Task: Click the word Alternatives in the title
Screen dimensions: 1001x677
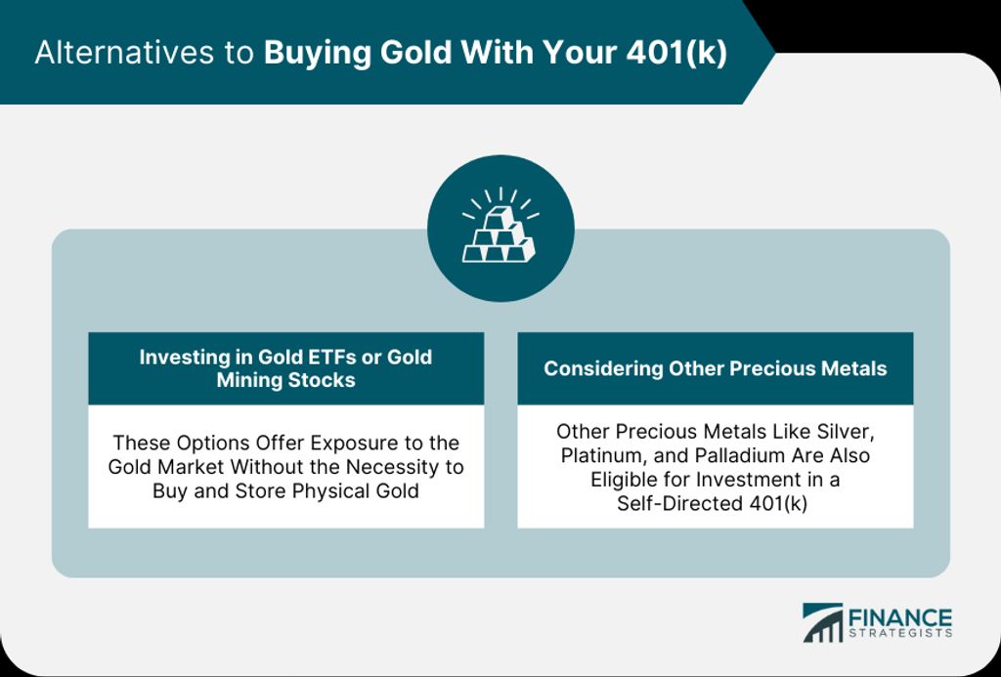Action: point(124,53)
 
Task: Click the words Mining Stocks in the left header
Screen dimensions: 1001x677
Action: point(286,380)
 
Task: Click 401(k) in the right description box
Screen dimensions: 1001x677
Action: point(777,504)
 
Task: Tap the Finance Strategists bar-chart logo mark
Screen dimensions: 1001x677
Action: point(822,622)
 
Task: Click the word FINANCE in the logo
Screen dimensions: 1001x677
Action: point(899,618)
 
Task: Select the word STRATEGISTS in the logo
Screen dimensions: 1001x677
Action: point(900,634)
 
